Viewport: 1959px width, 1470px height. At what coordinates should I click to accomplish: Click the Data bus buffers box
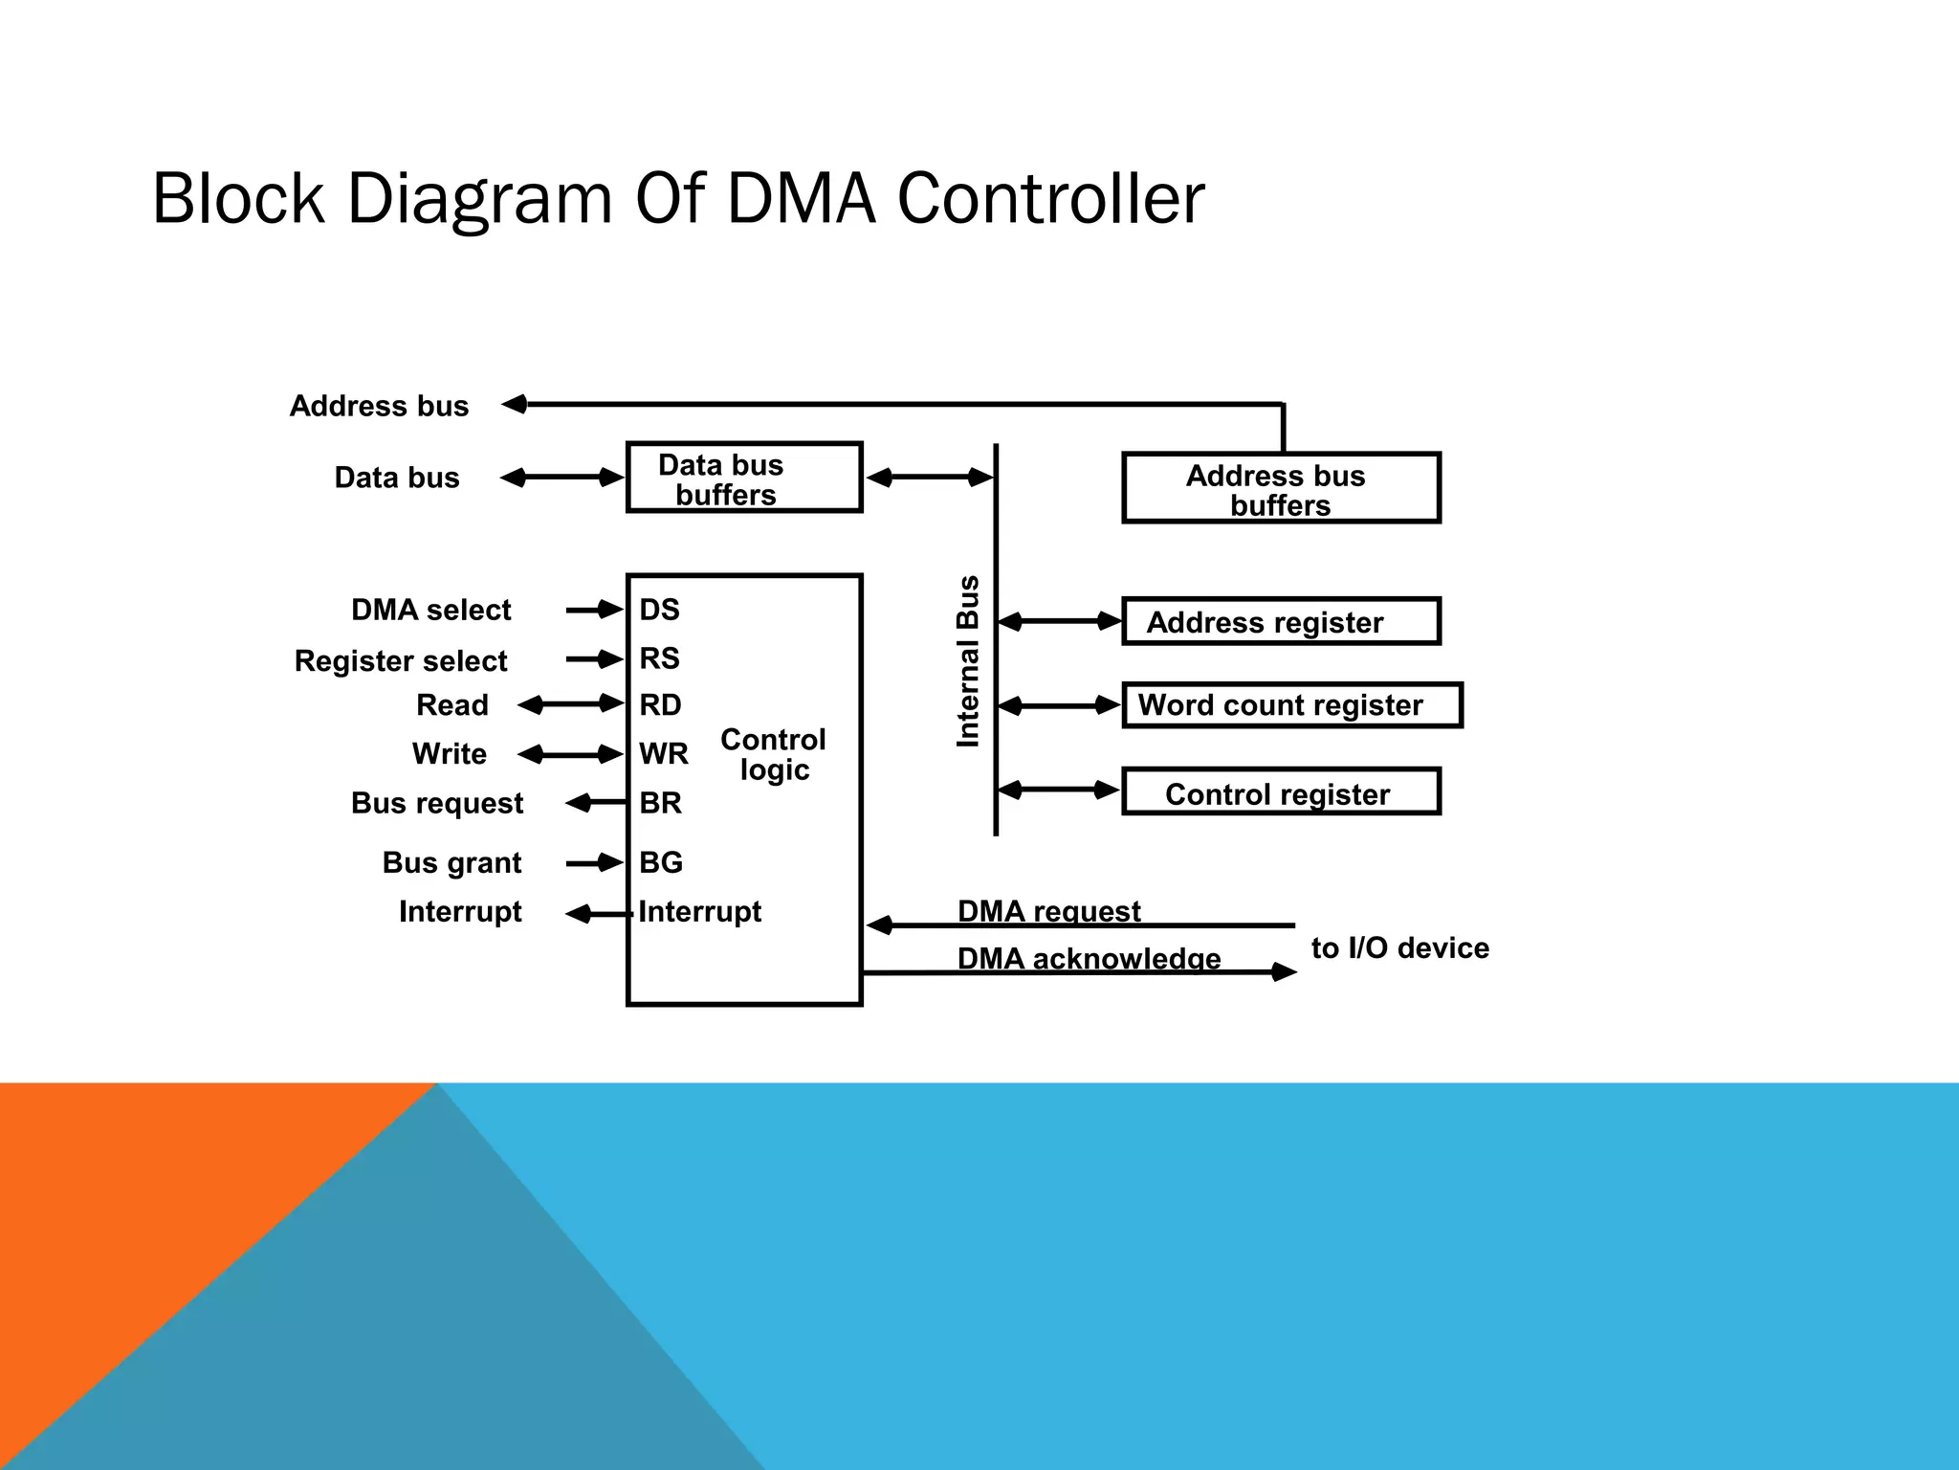point(743,478)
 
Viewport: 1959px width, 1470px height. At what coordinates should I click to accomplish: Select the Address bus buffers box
point(1280,488)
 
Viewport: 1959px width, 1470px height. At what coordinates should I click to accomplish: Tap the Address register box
point(1280,622)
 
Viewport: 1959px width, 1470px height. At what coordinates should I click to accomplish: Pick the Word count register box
point(1291,705)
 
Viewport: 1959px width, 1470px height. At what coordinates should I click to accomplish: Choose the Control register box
point(1280,792)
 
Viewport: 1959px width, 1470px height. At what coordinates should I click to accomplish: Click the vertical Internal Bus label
point(968,660)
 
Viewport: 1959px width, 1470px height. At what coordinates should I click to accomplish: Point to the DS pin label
point(659,610)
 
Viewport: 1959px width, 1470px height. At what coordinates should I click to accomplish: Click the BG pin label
point(661,862)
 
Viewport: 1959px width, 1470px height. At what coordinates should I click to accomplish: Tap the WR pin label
point(663,754)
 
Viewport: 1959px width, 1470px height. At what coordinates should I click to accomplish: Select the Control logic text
point(773,754)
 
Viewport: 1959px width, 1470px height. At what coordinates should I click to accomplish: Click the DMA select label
point(430,610)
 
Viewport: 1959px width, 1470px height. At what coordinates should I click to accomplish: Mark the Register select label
point(400,660)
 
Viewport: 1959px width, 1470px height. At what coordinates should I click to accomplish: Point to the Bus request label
point(436,803)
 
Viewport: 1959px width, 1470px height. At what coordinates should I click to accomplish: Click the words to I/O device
point(1399,948)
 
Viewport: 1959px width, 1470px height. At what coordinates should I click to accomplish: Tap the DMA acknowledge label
point(1089,958)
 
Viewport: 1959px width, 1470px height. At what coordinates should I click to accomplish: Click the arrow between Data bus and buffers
point(562,478)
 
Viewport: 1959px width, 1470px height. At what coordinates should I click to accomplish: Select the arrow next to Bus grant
point(594,863)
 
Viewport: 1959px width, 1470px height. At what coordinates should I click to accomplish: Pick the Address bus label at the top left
point(379,406)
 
